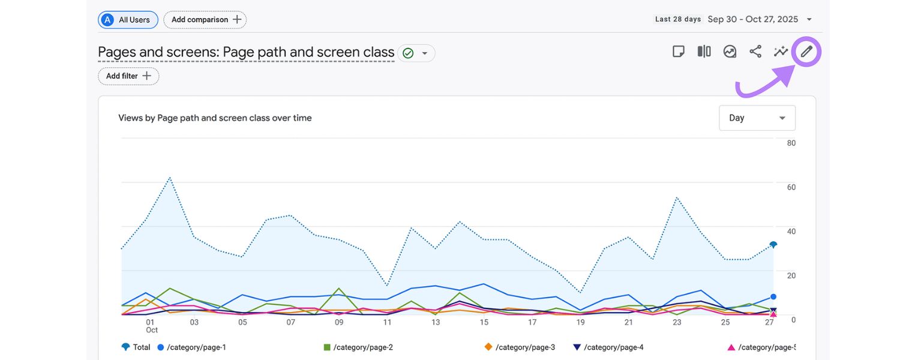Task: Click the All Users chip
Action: (128, 20)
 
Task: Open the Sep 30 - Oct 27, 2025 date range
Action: (752, 19)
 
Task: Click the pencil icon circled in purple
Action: (806, 52)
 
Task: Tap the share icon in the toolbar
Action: (755, 52)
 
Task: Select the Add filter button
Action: (128, 76)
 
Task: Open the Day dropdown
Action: (757, 118)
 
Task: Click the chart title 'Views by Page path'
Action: (215, 118)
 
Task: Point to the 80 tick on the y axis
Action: (791, 143)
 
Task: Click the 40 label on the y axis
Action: (791, 231)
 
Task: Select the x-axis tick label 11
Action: (388, 322)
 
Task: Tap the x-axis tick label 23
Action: (677, 322)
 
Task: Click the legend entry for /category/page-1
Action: (192, 347)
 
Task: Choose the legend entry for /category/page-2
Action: (358, 347)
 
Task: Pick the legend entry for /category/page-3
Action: (520, 347)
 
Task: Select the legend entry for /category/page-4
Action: (608, 347)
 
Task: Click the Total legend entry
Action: (136, 347)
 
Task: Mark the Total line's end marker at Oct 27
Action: (773, 245)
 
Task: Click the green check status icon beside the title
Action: (408, 53)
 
